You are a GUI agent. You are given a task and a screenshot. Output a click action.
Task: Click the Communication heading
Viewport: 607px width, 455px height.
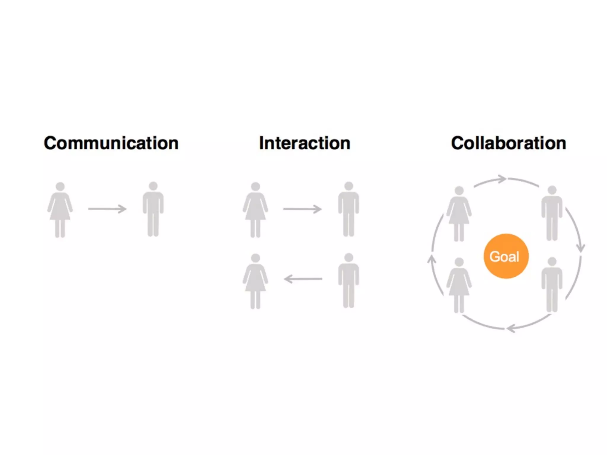[x=111, y=143]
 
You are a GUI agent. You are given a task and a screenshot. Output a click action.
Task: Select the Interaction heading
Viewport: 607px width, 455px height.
[x=304, y=143]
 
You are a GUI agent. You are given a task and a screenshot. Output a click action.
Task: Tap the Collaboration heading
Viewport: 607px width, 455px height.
[x=508, y=143]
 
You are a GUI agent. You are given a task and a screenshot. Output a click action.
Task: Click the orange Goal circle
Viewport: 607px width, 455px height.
[x=506, y=256]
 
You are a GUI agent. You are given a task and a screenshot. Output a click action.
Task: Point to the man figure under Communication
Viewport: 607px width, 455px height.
[x=153, y=209]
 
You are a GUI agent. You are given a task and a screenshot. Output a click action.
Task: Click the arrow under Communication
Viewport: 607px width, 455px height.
[x=107, y=209]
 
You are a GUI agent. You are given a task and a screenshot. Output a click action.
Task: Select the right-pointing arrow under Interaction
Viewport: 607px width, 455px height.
[x=303, y=209]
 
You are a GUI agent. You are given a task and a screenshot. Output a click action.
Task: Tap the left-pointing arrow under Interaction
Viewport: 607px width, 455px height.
[x=303, y=279]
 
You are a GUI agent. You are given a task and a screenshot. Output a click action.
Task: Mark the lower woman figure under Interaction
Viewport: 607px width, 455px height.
[x=255, y=281]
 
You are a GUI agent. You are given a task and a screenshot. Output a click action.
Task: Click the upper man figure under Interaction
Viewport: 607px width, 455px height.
[x=349, y=209]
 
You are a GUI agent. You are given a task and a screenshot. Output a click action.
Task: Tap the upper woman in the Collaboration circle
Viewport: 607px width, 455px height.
[x=459, y=214]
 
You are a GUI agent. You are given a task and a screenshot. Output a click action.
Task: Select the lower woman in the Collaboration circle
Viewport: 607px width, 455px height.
[x=459, y=285]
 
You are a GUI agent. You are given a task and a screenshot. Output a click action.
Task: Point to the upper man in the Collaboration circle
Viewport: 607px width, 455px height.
[x=552, y=213]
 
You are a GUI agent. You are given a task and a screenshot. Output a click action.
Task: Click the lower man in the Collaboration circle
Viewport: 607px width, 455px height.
[x=552, y=284]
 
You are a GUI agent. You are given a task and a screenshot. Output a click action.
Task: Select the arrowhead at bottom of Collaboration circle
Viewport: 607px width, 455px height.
[x=511, y=329]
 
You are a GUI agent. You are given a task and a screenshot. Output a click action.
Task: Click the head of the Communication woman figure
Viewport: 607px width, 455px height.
[x=60, y=186]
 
